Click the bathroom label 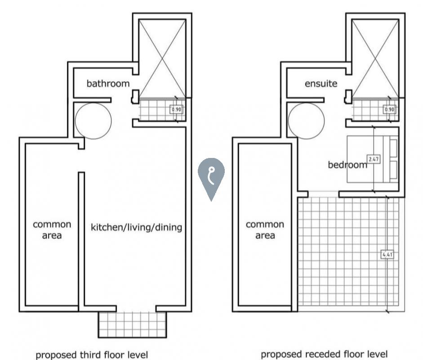[108, 83]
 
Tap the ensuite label [321, 83]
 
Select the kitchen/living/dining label [136, 227]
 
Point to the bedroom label [347, 164]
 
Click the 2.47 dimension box [374, 159]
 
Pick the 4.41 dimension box [387, 254]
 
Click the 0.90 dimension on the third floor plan [176, 109]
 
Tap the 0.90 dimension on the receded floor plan [390, 109]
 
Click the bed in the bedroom [372, 159]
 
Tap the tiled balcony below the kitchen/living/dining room [132, 324]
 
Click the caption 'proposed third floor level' [92, 355]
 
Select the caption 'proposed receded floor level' [324, 354]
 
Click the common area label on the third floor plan [52, 230]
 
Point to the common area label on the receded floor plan [265, 230]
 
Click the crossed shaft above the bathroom [162, 58]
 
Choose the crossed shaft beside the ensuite [375, 58]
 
